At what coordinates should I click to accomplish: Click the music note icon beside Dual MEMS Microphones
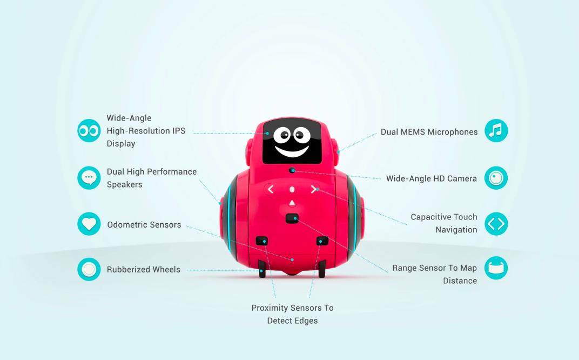click(496, 130)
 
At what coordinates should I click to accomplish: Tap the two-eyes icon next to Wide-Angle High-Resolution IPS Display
click(89, 130)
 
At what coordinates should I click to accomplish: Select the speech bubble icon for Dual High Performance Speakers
click(89, 178)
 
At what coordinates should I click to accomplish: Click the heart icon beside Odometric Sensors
click(89, 224)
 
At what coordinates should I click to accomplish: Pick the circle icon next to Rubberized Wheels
click(89, 269)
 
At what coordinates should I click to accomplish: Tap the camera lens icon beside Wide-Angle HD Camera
click(496, 178)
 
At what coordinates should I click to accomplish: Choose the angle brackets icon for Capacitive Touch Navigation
click(496, 224)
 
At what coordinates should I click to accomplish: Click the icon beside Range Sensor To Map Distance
click(496, 268)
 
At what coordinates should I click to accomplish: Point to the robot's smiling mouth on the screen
click(292, 150)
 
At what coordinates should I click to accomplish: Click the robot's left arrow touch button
click(271, 189)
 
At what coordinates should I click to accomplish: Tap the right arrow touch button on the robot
click(313, 189)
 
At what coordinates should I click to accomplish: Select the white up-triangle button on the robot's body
click(292, 203)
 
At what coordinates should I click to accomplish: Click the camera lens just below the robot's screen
click(292, 170)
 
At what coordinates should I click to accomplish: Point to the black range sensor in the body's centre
click(292, 218)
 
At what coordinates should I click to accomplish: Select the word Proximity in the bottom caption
click(270, 308)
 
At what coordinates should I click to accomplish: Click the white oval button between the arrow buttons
click(292, 190)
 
